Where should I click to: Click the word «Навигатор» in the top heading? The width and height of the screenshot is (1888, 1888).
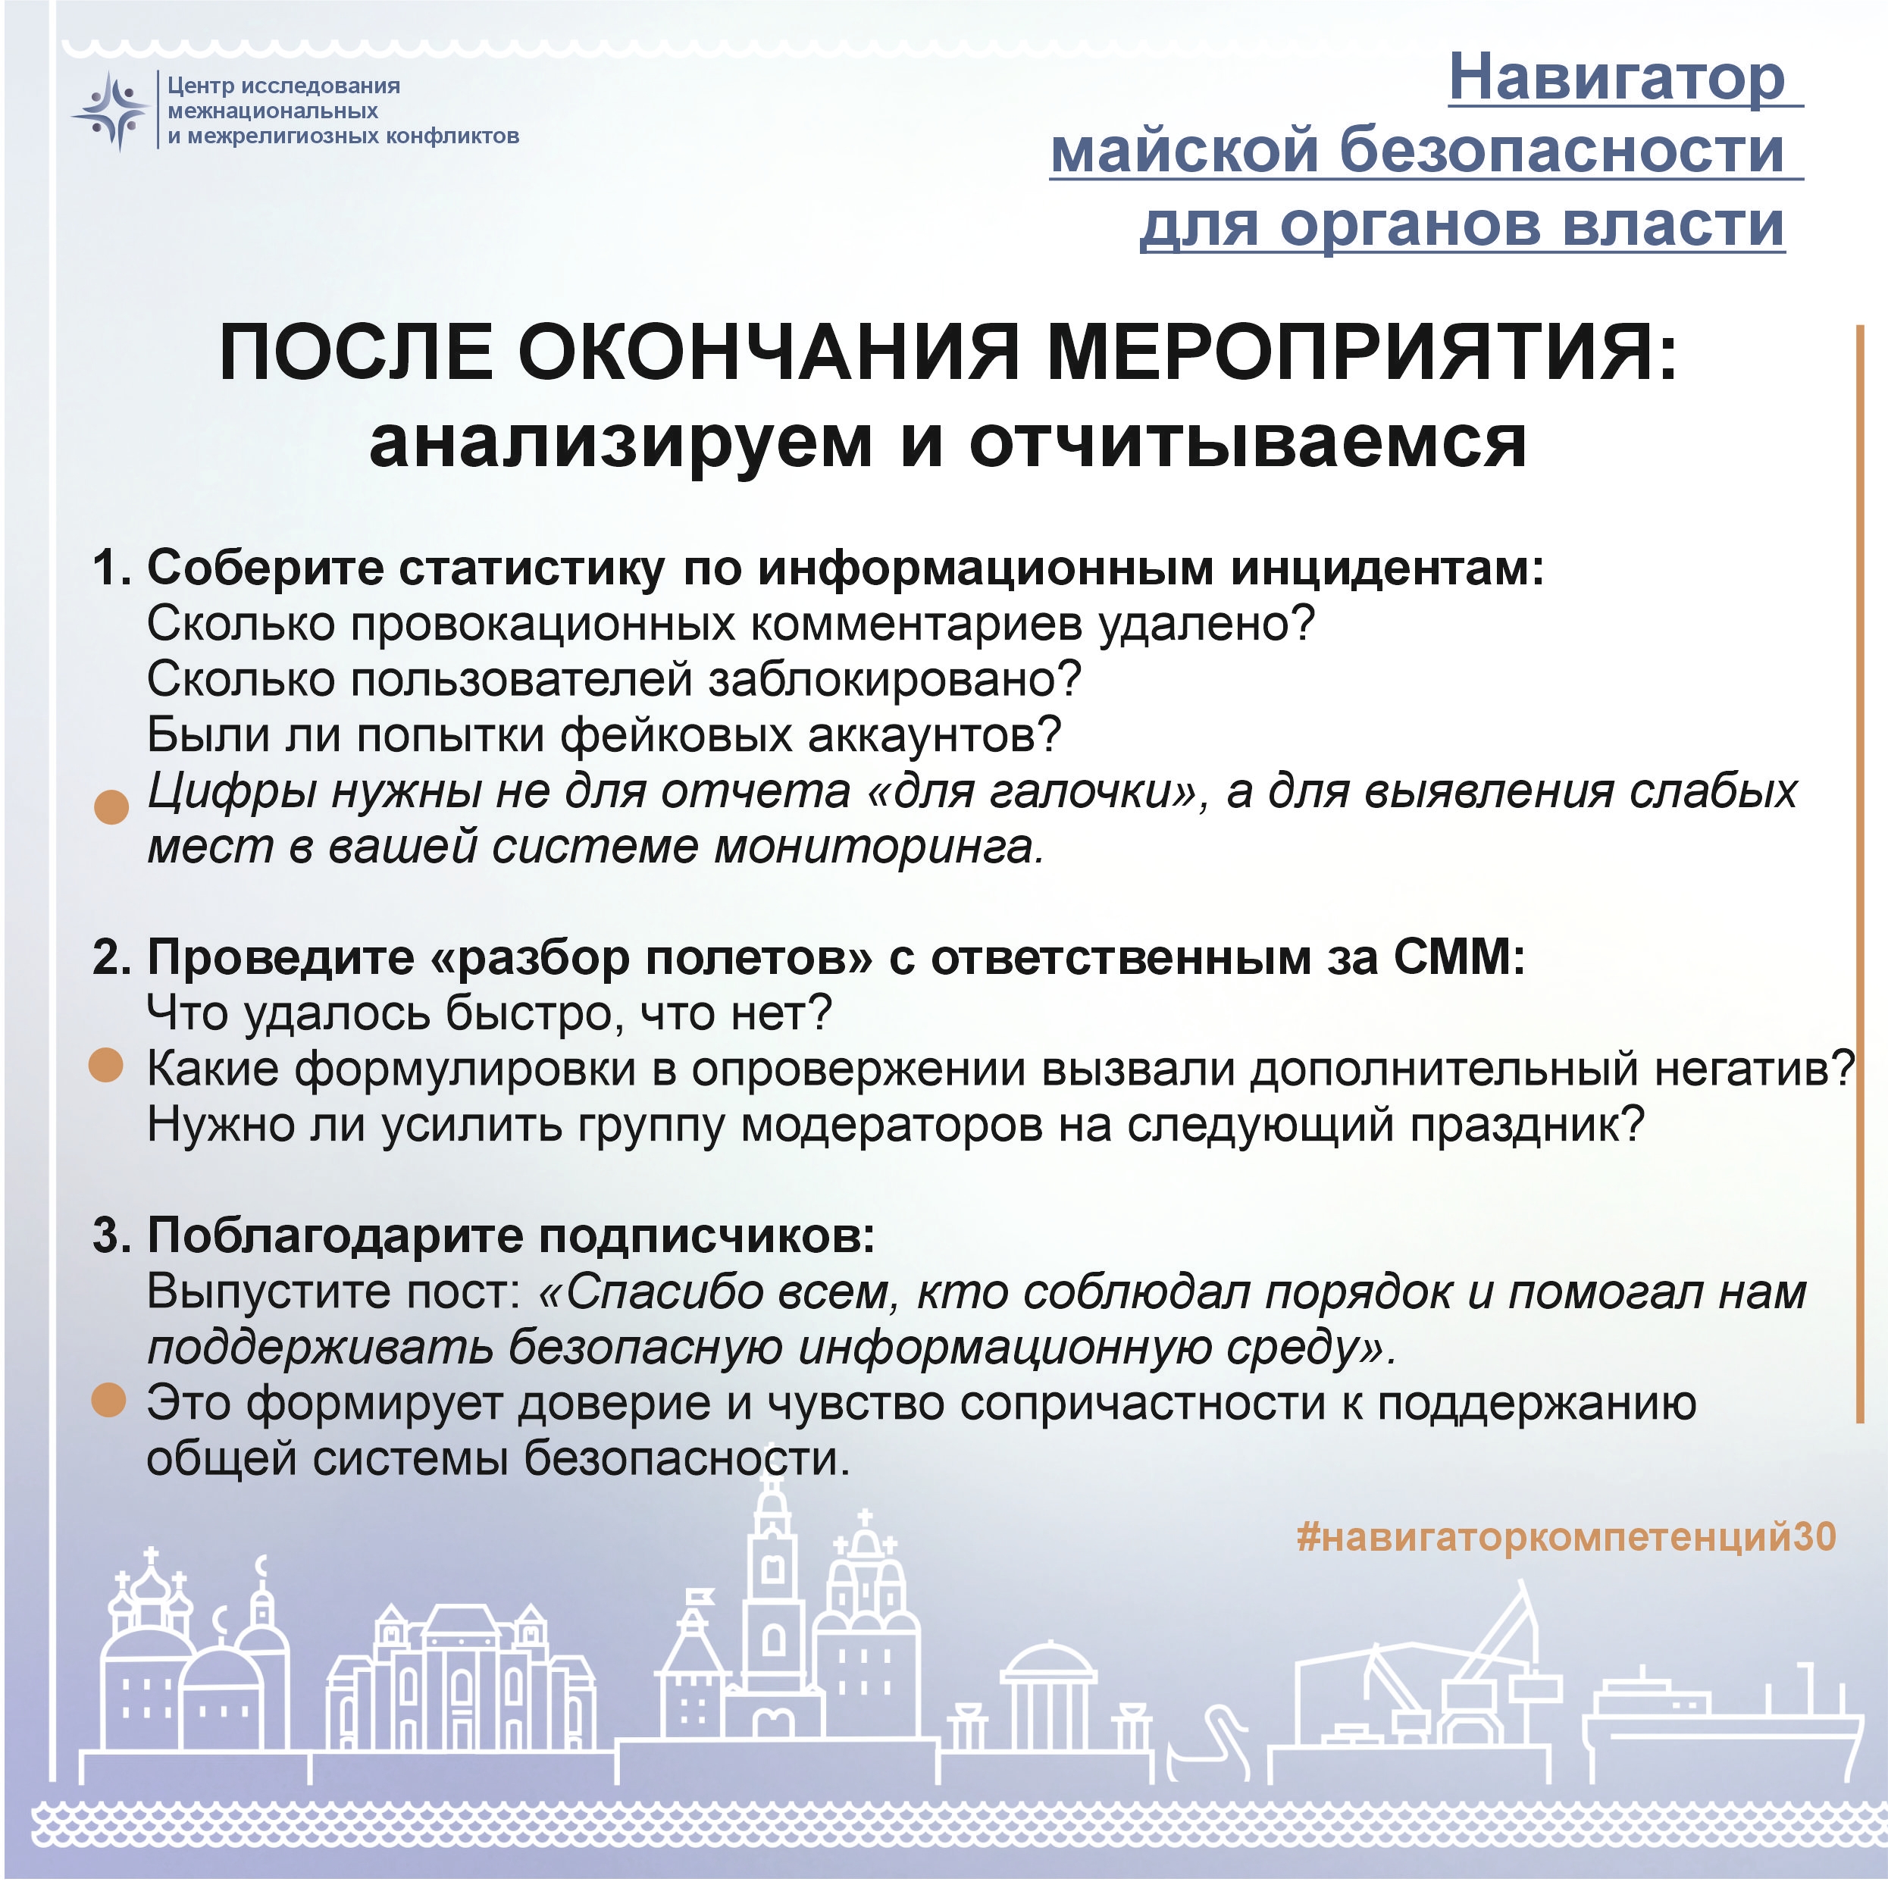coord(1617,77)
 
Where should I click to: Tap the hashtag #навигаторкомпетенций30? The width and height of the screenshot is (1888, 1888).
coord(1567,1537)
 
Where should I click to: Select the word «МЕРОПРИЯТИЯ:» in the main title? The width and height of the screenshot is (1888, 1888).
coord(1361,352)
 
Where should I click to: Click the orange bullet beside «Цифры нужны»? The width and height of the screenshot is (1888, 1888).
coord(111,806)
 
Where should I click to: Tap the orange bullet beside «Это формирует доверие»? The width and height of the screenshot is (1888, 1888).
coord(108,1401)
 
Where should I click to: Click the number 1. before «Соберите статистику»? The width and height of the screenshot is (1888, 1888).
coord(111,568)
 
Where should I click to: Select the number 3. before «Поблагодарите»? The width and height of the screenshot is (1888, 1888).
coord(111,1236)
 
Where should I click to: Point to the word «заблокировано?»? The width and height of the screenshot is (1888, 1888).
coord(895,679)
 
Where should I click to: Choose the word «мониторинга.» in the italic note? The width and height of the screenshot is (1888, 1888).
coord(878,847)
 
